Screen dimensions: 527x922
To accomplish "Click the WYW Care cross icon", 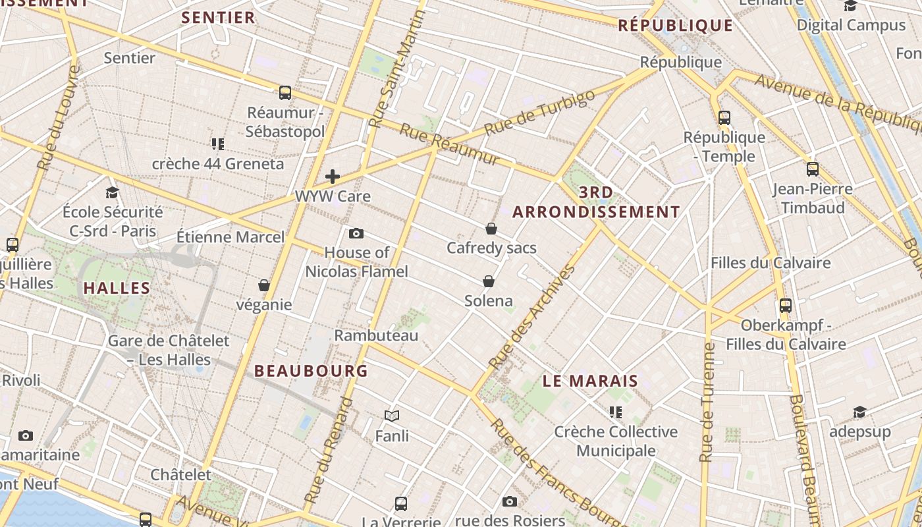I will coord(333,177).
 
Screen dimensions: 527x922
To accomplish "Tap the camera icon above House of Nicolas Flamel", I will coord(356,233).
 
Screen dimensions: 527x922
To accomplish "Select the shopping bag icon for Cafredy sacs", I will coord(491,229).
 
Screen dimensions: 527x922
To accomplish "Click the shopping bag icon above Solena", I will coord(489,281).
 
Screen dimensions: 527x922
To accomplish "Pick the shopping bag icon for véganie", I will coord(264,285).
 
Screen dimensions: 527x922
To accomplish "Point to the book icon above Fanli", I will coord(392,416).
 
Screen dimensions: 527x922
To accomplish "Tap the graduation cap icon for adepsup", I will coord(859,412).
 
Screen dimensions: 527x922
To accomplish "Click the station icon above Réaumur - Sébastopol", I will coord(285,93).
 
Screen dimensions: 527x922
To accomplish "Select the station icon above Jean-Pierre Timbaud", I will coord(813,169).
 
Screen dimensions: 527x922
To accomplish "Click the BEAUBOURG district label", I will coord(311,371).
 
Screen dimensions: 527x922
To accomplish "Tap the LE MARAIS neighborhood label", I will coord(591,381).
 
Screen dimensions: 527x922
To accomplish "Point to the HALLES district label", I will coord(117,288).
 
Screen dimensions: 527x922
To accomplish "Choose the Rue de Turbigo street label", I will coord(539,113).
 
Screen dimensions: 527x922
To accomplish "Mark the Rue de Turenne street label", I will coord(708,402).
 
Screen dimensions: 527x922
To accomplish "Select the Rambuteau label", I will coord(376,335).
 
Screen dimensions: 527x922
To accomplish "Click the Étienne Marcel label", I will coord(230,237).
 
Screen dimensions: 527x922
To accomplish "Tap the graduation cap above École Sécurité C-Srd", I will coord(113,192).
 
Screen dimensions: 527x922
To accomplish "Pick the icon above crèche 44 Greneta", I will coord(218,144).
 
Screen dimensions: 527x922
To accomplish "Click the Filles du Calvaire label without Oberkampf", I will coord(771,263).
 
